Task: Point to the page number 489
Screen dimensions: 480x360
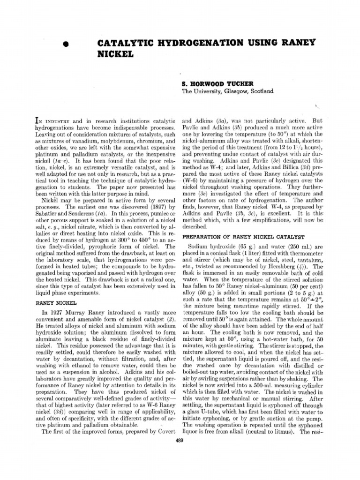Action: pos(179,439)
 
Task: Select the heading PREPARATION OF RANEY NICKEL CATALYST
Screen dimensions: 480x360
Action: pos(243,237)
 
